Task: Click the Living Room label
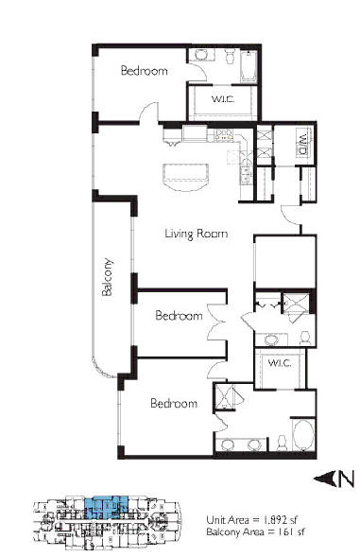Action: click(x=197, y=234)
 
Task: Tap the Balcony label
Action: click(x=107, y=277)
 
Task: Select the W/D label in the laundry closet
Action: click(x=302, y=144)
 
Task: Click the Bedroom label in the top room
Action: click(x=145, y=70)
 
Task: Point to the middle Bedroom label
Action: click(x=179, y=316)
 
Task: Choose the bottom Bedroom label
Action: click(x=174, y=403)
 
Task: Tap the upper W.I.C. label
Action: click(x=223, y=98)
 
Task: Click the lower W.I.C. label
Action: click(x=280, y=363)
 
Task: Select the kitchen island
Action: click(x=185, y=177)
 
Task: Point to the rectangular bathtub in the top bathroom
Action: click(x=249, y=66)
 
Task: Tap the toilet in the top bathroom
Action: click(x=230, y=56)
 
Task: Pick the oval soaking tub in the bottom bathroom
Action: click(x=303, y=436)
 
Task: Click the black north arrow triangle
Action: click(x=324, y=479)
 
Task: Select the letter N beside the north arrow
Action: click(x=346, y=479)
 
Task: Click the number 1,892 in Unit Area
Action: click(x=276, y=520)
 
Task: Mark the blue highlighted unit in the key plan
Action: click(x=106, y=508)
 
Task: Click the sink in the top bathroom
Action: click(x=201, y=55)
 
